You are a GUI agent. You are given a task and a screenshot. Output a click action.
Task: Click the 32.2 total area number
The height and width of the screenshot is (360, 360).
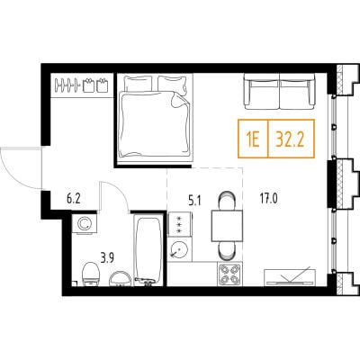(x=290, y=139)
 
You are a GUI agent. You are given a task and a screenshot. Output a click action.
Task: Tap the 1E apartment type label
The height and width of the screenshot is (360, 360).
(x=252, y=139)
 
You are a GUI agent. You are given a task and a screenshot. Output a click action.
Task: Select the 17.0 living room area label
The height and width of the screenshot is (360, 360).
(x=268, y=199)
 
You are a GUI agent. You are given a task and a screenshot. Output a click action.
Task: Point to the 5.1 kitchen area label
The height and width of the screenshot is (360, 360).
(x=194, y=201)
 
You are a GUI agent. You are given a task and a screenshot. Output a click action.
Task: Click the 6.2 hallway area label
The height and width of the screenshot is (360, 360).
(x=74, y=199)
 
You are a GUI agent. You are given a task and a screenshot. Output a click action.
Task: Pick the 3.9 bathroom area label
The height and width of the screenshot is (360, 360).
(x=108, y=258)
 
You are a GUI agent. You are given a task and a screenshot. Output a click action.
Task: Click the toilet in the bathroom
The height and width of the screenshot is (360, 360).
(x=91, y=274)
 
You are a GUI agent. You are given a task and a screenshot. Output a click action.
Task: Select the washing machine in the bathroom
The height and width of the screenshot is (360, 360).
(x=85, y=224)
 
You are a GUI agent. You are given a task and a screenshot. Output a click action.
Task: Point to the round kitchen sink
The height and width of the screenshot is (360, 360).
(x=178, y=249)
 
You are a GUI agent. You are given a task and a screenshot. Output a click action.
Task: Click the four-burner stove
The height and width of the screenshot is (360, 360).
(x=229, y=274)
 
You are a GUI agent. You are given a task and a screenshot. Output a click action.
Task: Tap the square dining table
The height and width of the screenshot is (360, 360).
(x=227, y=226)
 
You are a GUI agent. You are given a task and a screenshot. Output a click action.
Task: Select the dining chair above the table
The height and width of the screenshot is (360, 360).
(x=227, y=201)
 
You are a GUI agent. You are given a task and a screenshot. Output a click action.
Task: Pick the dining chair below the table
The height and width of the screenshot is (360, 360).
(x=227, y=251)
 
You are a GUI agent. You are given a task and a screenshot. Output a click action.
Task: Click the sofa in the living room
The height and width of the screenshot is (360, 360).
(x=280, y=91)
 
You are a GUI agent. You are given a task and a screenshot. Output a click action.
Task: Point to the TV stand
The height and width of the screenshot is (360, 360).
(x=290, y=277)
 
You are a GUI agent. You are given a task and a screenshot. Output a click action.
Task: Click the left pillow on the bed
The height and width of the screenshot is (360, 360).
(x=139, y=83)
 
